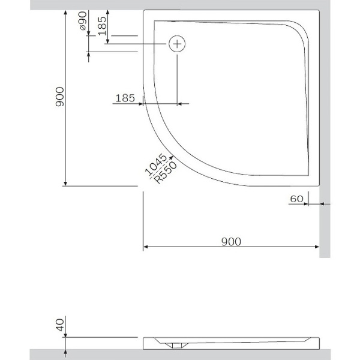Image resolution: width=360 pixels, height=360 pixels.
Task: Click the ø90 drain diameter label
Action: [83, 25]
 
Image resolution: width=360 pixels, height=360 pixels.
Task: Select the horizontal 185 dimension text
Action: [124, 98]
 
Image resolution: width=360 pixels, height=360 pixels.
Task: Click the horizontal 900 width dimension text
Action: [231, 241]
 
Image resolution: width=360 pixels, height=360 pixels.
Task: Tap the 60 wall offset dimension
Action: [296, 197]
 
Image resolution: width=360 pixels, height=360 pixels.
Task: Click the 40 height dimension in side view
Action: [59, 326]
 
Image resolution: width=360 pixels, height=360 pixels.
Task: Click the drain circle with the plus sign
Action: [177, 44]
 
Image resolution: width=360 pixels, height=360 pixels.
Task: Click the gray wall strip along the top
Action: [180, 5]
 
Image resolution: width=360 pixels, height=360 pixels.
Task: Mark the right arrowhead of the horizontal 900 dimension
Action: [316, 247]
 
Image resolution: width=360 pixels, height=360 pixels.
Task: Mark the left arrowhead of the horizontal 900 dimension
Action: [146, 247]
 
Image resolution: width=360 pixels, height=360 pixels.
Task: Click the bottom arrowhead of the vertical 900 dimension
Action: [65, 183]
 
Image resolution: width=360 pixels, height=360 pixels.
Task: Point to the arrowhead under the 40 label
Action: [65, 335]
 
